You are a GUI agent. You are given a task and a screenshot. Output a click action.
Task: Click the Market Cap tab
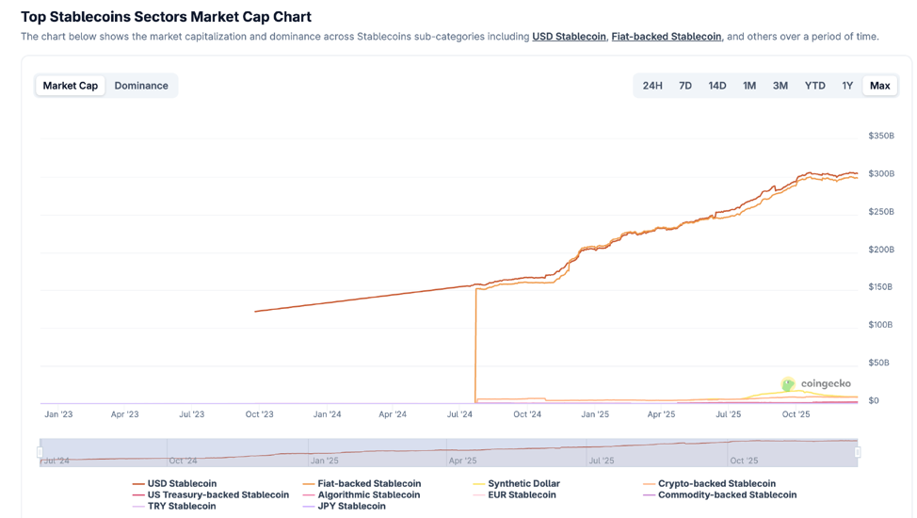(x=71, y=86)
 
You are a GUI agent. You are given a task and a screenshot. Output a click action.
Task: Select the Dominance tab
(x=141, y=86)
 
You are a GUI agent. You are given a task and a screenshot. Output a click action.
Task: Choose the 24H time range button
(x=652, y=86)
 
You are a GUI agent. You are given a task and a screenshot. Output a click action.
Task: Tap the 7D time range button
(x=685, y=86)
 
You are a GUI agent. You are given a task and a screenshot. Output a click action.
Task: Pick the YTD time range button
(x=814, y=86)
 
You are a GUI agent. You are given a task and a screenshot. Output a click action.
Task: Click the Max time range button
(x=879, y=86)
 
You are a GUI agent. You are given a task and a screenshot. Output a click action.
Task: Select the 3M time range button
(x=780, y=86)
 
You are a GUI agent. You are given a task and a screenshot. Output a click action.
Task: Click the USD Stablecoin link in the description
(x=569, y=37)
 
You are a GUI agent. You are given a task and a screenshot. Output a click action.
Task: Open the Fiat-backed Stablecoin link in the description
(x=667, y=37)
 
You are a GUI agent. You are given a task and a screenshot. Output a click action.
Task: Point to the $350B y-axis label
(x=880, y=136)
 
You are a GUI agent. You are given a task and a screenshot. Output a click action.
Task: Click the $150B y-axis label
(x=880, y=287)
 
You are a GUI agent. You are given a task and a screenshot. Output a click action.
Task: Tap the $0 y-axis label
(x=874, y=400)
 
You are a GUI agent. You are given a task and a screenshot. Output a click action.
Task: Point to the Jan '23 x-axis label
(x=58, y=414)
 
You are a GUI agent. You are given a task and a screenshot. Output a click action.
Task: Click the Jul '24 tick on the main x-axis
(x=460, y=414)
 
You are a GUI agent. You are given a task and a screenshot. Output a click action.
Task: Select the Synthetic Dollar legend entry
(x=523, y=484)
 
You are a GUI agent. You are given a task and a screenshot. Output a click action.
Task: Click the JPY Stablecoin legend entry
(x=351, y=507)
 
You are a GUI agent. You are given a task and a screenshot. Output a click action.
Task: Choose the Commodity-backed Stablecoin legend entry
(x=727, y=495)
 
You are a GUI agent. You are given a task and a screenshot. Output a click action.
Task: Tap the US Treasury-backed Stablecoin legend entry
(x=217, y=495)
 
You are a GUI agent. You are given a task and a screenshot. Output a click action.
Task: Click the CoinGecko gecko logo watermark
(x=788, y=384)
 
